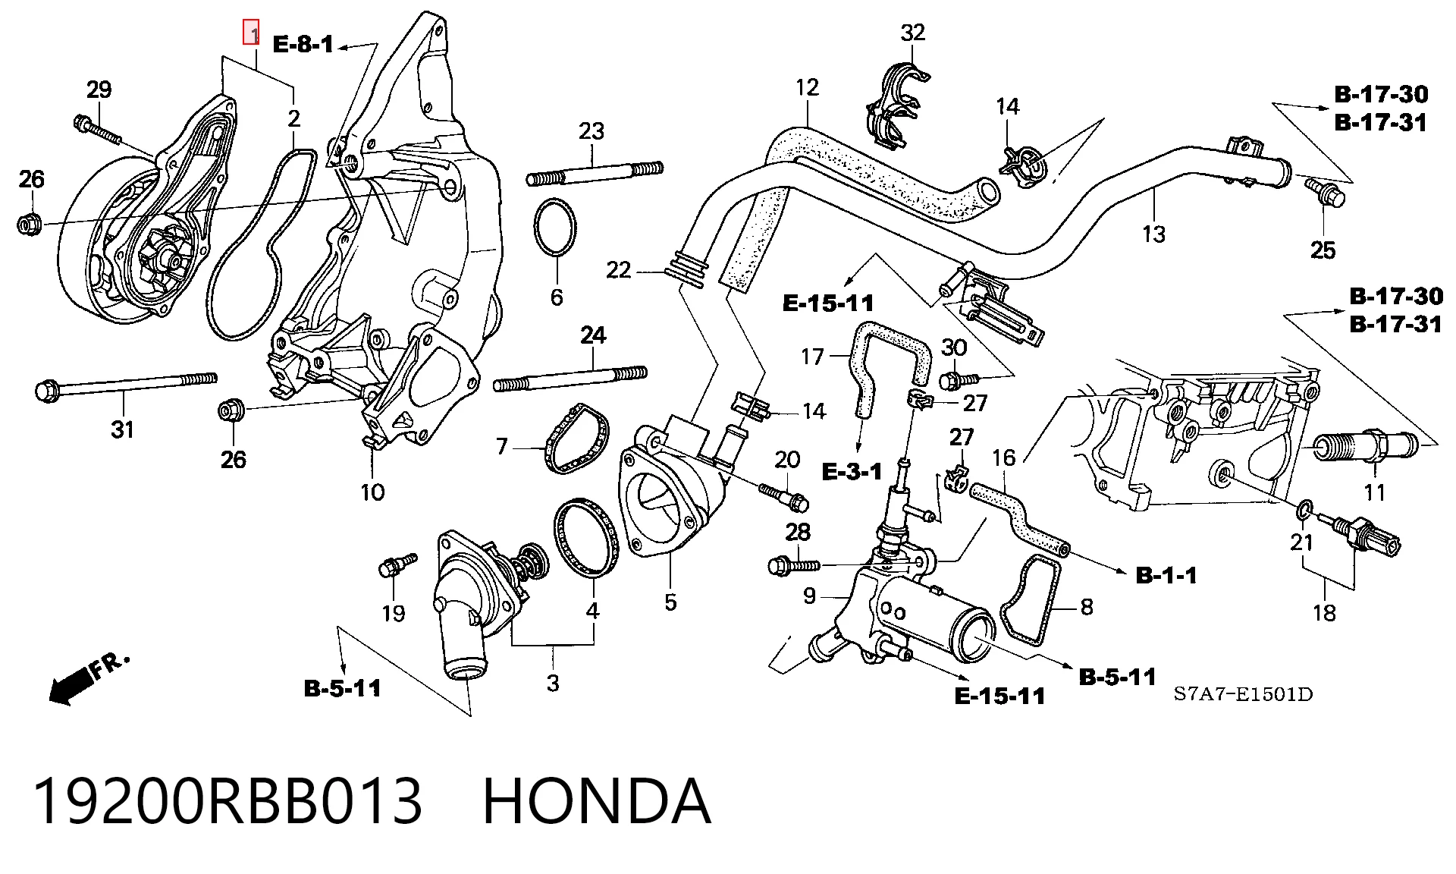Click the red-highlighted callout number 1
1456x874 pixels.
pos(251,33)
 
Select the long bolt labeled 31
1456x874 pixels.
pos(126,386)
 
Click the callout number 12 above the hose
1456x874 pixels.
pos(808,87)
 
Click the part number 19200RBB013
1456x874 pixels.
pos(227,800)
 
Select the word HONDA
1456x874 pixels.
pos(597,800)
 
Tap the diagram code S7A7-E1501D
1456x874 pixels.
pos(1243,694)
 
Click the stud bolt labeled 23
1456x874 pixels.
pos(595,174)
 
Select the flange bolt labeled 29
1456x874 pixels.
pos(98,129)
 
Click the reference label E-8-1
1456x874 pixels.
pos(303,44)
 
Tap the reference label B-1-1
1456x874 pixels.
pos(1166,575)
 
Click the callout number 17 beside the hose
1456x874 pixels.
pos(812,357)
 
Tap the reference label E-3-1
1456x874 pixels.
pos(852,472)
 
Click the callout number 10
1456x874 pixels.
pos(372,492)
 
